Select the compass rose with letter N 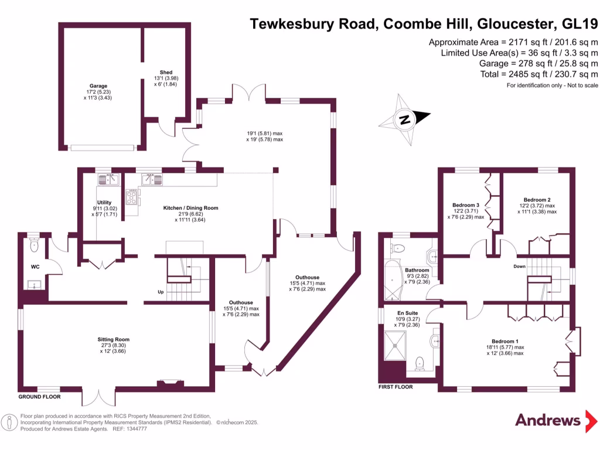pyautogui.click(x=404, y=120)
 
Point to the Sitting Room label pyautogui.click(x=113, y=339)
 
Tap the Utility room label pyautogui.click(x=104, y=203)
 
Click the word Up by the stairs pyautogui.click(x=161, y=291)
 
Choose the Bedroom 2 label pyautogui.click(x=537, y=200)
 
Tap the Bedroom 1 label pyautogui.click(x=504, y=341)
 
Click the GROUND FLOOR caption pyautogui.click(x=39, y=397)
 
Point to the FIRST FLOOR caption pyautogui.click(x=396, y=387)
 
